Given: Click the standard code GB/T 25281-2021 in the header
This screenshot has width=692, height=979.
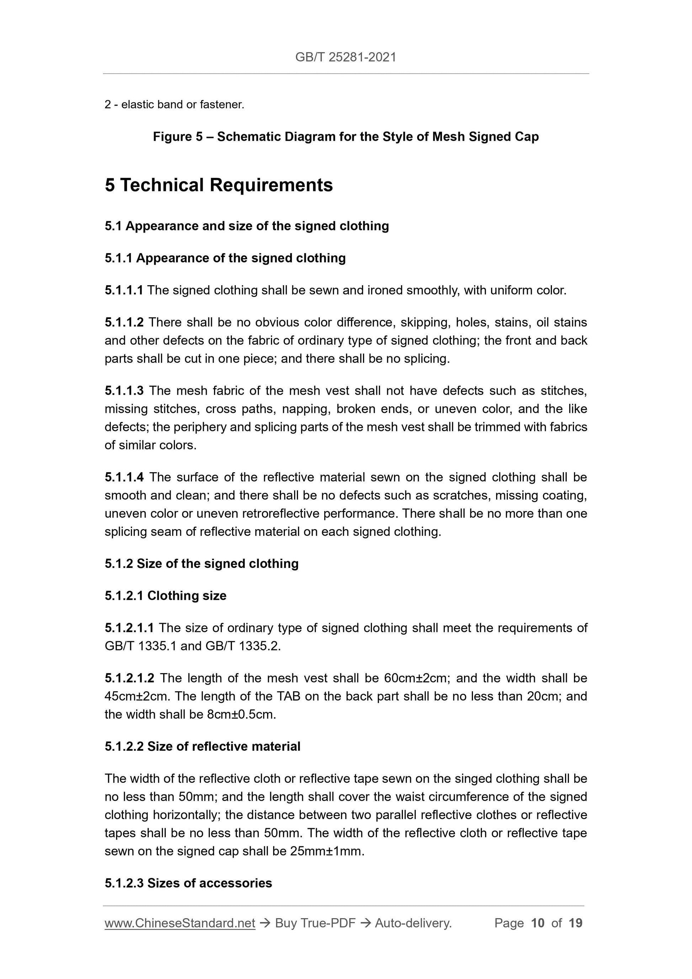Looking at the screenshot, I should coord(345,57).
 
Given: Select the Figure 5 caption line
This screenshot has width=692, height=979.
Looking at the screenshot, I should coord(345,137).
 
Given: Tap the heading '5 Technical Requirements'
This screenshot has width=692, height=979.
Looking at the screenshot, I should coord(219,185).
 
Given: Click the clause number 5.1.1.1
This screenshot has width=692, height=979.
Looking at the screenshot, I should coord(124,291).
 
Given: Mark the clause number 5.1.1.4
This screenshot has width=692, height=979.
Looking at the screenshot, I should coord(124,477).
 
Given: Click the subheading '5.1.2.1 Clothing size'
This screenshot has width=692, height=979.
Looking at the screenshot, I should coord(165,596).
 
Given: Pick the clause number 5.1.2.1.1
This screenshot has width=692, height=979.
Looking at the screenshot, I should coord(129,628).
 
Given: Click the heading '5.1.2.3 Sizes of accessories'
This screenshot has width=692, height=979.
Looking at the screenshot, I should coord(188,883).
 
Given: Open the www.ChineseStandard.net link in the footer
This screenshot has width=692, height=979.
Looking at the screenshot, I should coord(180,923).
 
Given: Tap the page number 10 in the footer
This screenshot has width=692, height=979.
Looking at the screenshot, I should coord(538,923).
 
